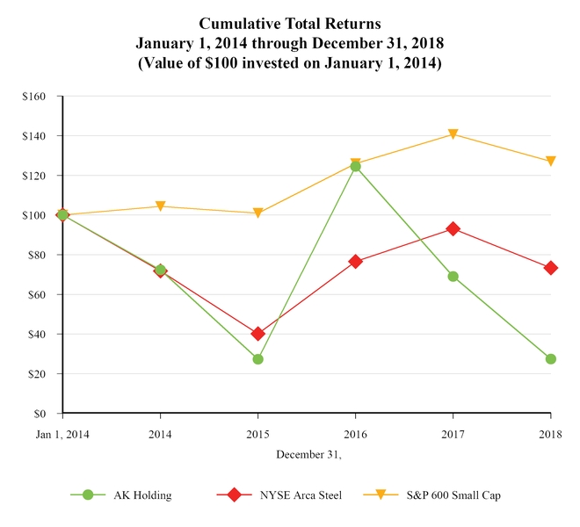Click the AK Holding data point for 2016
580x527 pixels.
(355, 166)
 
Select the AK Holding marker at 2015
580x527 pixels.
(257, 359)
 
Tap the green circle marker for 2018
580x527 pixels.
(550, 359)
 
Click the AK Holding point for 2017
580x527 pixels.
(453, 276)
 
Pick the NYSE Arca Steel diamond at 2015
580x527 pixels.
(257, 334)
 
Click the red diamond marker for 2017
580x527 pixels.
(453, 228)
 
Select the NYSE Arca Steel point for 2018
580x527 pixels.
(550, 268)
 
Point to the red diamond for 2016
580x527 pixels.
(355, 261)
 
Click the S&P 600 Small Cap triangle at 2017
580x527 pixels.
(453, 134)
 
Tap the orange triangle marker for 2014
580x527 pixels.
(160, 206)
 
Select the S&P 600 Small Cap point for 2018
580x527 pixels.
(550, 162)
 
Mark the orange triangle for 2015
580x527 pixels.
(257, 213)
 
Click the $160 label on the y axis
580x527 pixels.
(34, 97)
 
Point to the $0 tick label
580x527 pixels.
(40, 414)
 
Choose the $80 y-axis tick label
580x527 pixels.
(37, 255)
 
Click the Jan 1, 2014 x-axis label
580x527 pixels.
(62, 435)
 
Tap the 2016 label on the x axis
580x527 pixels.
(355, 435)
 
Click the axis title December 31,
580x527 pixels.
(308, 454)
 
